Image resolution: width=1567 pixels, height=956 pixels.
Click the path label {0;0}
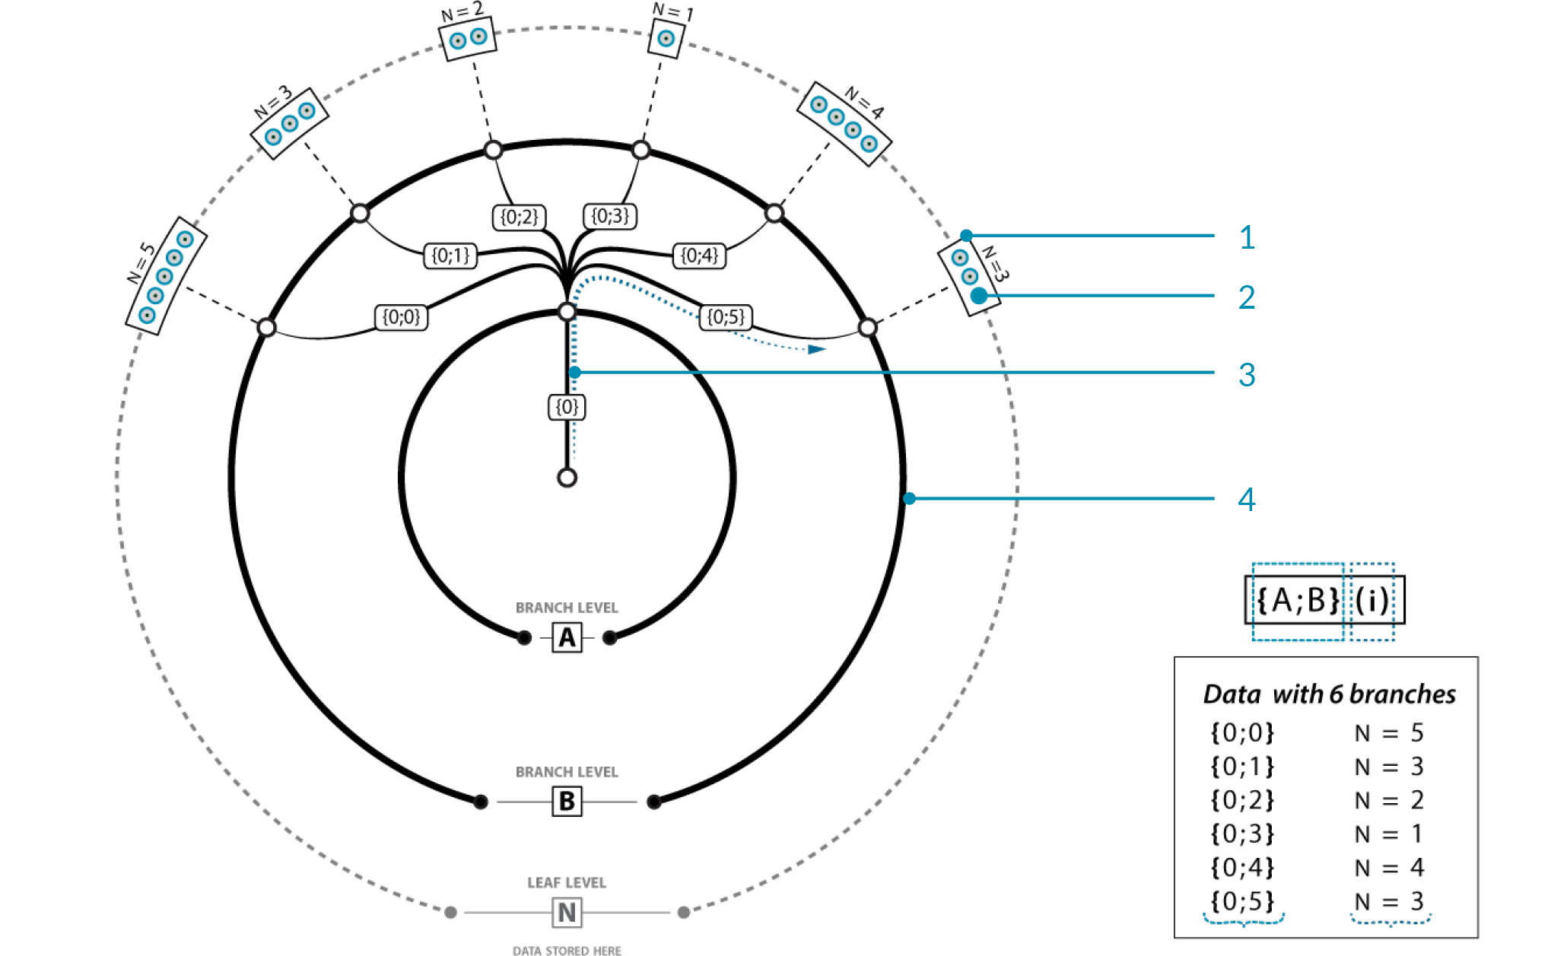click(401, 317)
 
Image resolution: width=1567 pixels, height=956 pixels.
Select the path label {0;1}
click(450, 256)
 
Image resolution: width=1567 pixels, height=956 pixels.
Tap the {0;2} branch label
click(519, 218)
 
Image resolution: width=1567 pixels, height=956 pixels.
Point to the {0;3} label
click(610, 217)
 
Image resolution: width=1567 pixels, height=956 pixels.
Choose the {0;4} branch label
click(699, 256)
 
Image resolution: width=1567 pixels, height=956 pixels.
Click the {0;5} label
click(726, 317)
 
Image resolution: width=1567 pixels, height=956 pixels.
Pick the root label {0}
click(567, 407)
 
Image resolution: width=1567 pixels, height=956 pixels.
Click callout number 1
click(1247, 238)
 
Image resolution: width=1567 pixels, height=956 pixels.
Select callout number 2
click(1247, 297)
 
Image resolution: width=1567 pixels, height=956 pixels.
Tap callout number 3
click(1247, 375)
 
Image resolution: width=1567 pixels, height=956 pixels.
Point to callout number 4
click(1247, 500)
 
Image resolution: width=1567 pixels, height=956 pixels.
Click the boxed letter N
click(567, 913)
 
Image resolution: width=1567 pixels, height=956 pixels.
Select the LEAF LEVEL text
click(567, 883)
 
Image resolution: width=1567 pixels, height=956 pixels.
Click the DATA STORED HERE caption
click(567, 951)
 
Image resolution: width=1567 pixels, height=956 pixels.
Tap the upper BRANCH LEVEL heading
click(567, 608)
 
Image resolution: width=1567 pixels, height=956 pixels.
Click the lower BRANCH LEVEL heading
click(567, 772)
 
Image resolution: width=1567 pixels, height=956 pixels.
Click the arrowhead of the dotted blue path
click(817, 349)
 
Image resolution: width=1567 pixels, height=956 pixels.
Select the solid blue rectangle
click(1298, 602)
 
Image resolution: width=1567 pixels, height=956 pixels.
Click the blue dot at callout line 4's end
click(910, 499)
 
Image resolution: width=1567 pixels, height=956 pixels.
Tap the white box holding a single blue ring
click(666, 38)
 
